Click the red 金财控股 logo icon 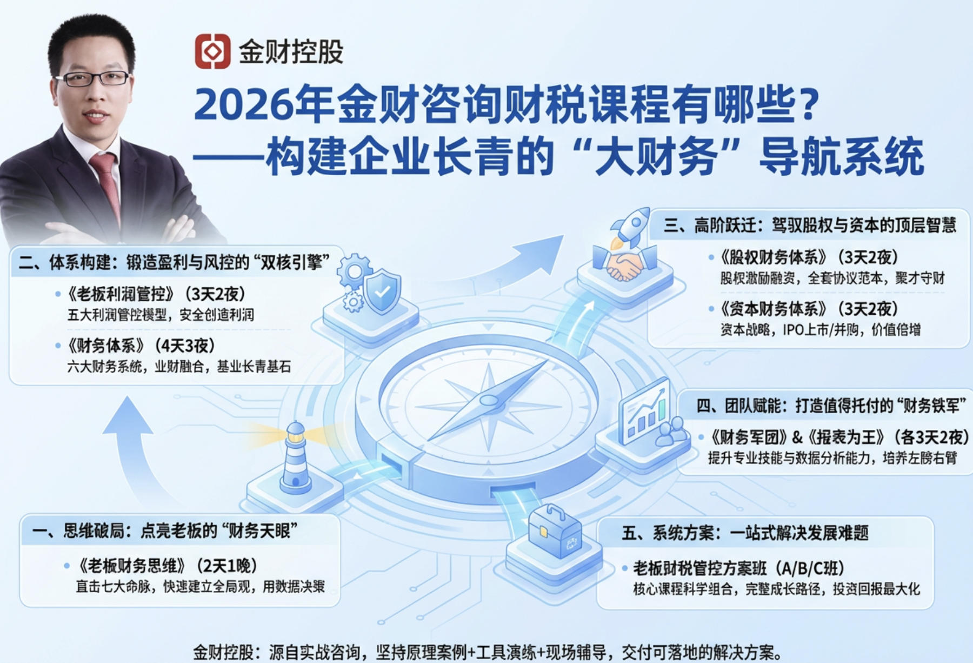point(212,51)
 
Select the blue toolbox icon point(554,532)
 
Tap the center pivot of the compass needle point(489,401)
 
